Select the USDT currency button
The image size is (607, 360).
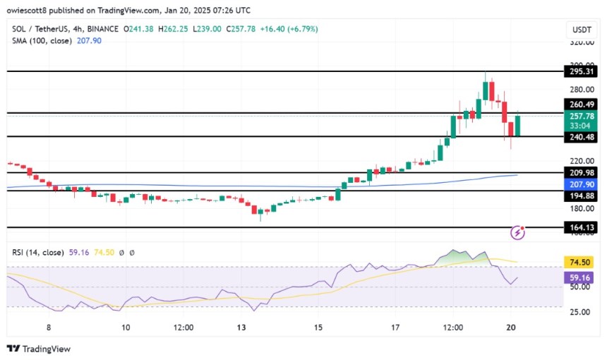pyautogui.click(x=582, y=29)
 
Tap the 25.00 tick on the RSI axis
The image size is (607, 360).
pyautogui.click(x=580, y=311)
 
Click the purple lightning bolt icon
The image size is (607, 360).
pyautogui.click(x=519, y=232)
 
